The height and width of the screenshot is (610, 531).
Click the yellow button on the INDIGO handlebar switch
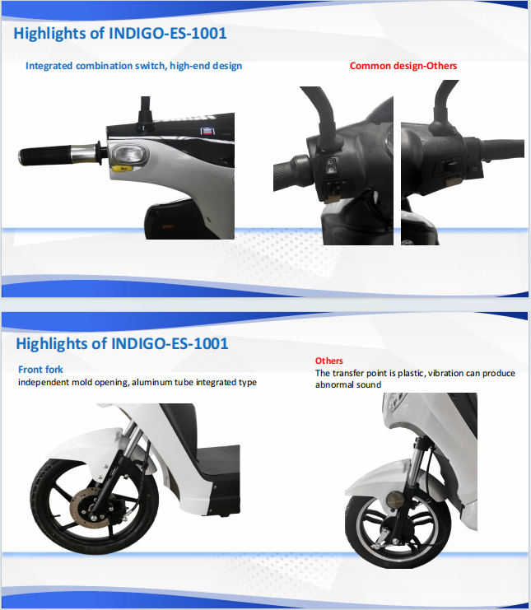tap(122, 169)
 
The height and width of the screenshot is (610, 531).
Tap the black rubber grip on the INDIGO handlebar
tap(45, 156)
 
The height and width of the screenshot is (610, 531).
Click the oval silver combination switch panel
tap(129, 154)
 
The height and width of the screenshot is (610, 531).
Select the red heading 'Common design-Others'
tap(403, 66)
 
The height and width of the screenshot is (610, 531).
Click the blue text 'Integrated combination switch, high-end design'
tap(134, 66)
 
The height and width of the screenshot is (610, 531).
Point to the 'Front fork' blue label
tap(40, 369)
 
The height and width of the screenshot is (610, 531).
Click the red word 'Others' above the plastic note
tap(329, 361)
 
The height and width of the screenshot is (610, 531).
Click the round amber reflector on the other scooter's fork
tap(395, 499)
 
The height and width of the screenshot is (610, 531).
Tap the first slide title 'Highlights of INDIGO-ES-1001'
tap(120, 34)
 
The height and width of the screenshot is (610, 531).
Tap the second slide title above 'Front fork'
tap(122, 344)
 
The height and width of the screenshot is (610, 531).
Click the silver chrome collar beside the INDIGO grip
tap(84, 154)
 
